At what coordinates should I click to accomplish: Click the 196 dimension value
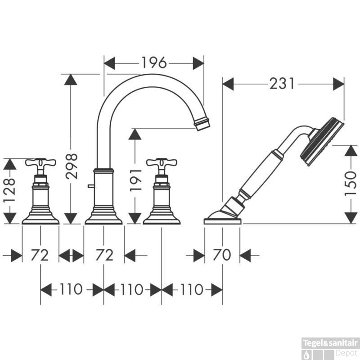pos(154,63)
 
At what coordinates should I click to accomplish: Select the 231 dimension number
pos(282,84)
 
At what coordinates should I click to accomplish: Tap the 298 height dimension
pos(72,166)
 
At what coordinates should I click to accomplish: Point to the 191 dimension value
pos(135,180)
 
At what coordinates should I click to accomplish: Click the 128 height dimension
pos(10,190)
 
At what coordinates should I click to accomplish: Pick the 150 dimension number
pos(351,184)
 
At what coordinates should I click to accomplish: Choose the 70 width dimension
pos(222,255)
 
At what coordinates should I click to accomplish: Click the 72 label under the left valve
pos(40,255)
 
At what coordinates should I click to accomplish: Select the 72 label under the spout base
pos(104,255)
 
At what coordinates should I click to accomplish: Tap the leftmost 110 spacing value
pos(71,289)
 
